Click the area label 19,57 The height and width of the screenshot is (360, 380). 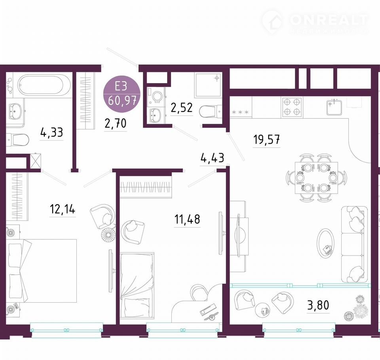pyautogui.click(x=266, y=139)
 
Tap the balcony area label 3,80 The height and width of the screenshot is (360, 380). pyautogui.click(x=318, y=305)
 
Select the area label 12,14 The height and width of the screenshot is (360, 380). pyautogui.click(x=63, y=209)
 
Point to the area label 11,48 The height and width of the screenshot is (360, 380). pyautogui.click(x=187, y=219)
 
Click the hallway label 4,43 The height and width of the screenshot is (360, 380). pyautogui.click(x=212, y=158)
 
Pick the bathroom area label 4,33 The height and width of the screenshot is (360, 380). pyautogui.click(x=51, y=133)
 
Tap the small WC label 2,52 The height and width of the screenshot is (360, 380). pyautogui.click(x=182, y=108)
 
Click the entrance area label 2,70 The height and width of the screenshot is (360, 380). pyautogui.click(x=115, y=123)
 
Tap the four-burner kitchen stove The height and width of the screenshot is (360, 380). pyautogui.click(x=292, y=107)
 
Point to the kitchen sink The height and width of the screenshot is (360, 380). pyautogui.click(x=334, y=107)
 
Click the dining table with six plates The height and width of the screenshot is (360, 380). pyautogui.click(x=316, y=178)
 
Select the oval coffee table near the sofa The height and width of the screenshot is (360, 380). pyautogui.click(x=325, y=244)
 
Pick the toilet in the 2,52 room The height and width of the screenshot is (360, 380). pyautogui.click(x=211, y=112)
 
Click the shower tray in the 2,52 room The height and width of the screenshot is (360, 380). pyautogui.click(x=208, y=85)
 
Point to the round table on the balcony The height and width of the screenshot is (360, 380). pyautogui.click(x=263, y=310)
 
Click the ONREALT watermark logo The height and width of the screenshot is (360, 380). pyautogui.click(x=315, y=22)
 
